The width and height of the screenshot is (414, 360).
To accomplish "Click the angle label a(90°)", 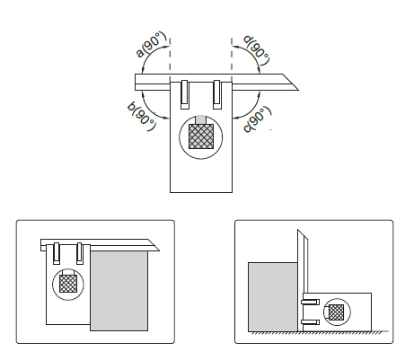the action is pyautogui.click(x=151, y=44).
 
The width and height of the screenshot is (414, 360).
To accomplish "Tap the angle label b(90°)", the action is pyautogui.click(x=142, y=117).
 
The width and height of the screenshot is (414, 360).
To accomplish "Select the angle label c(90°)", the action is pyautogui.click(x=258, y=119).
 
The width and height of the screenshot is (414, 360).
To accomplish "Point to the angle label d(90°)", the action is pyautogui.click(x=257, y=50).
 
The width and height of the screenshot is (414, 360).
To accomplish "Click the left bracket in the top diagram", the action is pyautogui.click(x=185, y=94).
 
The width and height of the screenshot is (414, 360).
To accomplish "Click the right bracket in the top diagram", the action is pyautogui.click(x=217, y=94).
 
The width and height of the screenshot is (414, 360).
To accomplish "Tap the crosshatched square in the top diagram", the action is pyautogui.click(x=201, y=136).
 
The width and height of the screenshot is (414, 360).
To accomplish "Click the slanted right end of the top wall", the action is pyautogui.click(x=290, y=82).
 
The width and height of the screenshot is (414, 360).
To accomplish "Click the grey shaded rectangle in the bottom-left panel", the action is pyautogui.click(x=119, y=291).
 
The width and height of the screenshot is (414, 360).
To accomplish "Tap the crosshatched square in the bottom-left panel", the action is pyautogui.click(x=68, y=284).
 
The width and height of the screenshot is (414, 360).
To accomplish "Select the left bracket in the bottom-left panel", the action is pyautogui.click(x=57, y=253).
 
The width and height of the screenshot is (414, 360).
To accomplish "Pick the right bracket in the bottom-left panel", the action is pyautogui.click(x=79, y=253).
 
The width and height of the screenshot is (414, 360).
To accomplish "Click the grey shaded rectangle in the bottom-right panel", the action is pyautogui.click(x=273, y=297).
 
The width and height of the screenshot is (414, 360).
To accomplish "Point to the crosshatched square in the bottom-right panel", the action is pyautogui.click(x=337, y=312).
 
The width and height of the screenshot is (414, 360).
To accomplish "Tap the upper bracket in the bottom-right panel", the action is pyautogui.click(x=311, y=302).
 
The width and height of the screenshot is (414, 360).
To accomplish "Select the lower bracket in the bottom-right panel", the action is pyautogui.click(x=311, y=322).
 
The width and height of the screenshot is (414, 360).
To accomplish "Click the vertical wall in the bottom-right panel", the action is pyautogui.click(x=303, y=281).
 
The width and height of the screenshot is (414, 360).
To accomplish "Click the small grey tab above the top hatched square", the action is pyautogui.click(x=201, y=119).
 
